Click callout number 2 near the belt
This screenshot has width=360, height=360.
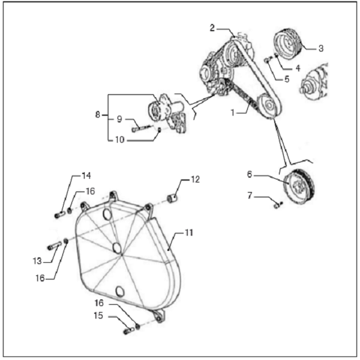[212, 28]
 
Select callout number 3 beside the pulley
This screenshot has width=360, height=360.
[321, 47]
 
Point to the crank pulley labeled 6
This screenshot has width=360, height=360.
[302, 190]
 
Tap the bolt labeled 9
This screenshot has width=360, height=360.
[141, 128]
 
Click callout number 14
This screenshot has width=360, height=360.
[86, 175]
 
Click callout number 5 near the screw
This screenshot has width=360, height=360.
[286, 77]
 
